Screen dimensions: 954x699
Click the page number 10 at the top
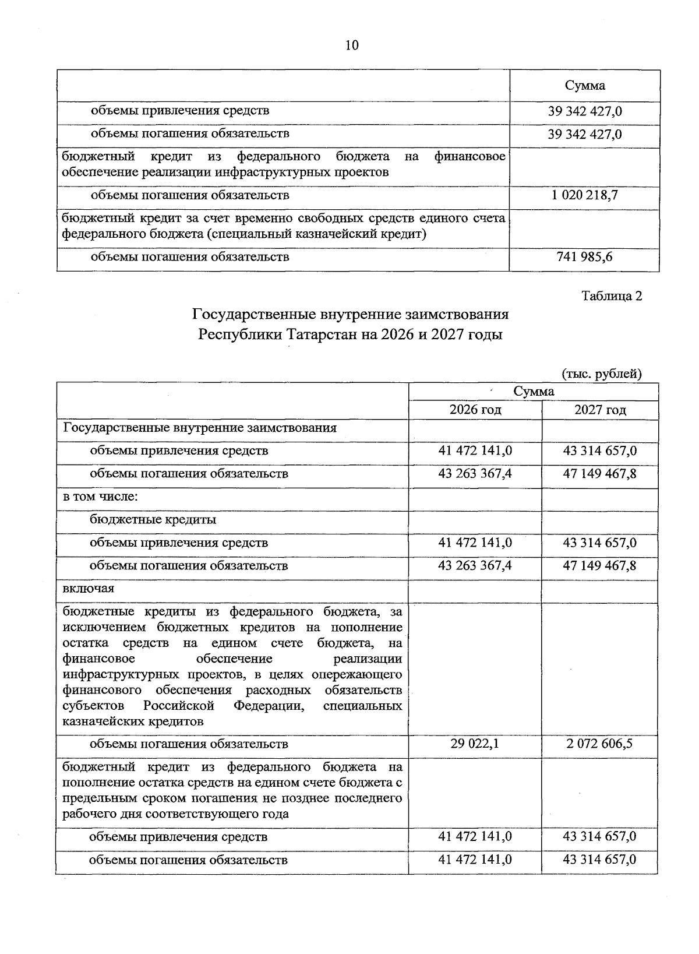click(352, 45)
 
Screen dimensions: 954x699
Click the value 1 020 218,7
click(584, 195)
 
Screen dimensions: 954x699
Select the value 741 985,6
click(584, 256)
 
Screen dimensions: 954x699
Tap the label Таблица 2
click(612, 296)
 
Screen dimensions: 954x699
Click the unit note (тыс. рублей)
click(602, 374)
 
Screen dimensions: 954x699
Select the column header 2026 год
click(475, 410)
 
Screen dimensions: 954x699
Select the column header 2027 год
click(600, 410)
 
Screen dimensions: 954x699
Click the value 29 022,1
click(475, 744)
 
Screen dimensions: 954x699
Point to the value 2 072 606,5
click(600, 744)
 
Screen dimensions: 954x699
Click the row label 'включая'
click(89, 588)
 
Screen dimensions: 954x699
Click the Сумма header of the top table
click(584, 86)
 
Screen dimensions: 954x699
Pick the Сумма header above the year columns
click(534, 391)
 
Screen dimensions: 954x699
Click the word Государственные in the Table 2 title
click(253, 315)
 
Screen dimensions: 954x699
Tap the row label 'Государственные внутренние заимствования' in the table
click(200, 428)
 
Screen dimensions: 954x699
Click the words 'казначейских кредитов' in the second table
click(133, 721)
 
